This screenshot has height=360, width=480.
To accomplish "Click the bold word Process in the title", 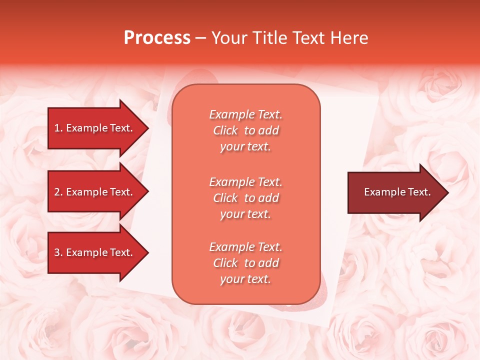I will pyautogui.click(x=157, y=38).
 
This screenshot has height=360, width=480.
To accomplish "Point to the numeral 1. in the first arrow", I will pyautogui.click(x=58, y=128).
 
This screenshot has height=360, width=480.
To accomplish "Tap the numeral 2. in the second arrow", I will pyautogui.click(x=58, y=192).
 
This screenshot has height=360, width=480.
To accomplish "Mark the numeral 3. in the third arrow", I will pyautogui.click(x=58, y=252).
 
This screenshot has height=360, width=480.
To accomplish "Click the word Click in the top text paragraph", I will pyautogui.click(x=225, y=130).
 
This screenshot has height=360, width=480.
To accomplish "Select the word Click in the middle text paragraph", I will pyautogui.click(x=225, y=198).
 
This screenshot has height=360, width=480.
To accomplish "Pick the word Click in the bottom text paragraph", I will pyautogui.click(x=225, y=263).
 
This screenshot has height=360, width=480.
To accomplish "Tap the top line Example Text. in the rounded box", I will pyautogui.click(x=245, y=114).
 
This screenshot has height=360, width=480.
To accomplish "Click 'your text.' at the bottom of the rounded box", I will pyautogui.click(x=245, y=279).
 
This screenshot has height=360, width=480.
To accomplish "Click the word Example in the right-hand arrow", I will pyautogui.click(x=382, y=192).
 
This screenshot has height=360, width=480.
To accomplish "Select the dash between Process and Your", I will pyautogui.click(x=201, y=38).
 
